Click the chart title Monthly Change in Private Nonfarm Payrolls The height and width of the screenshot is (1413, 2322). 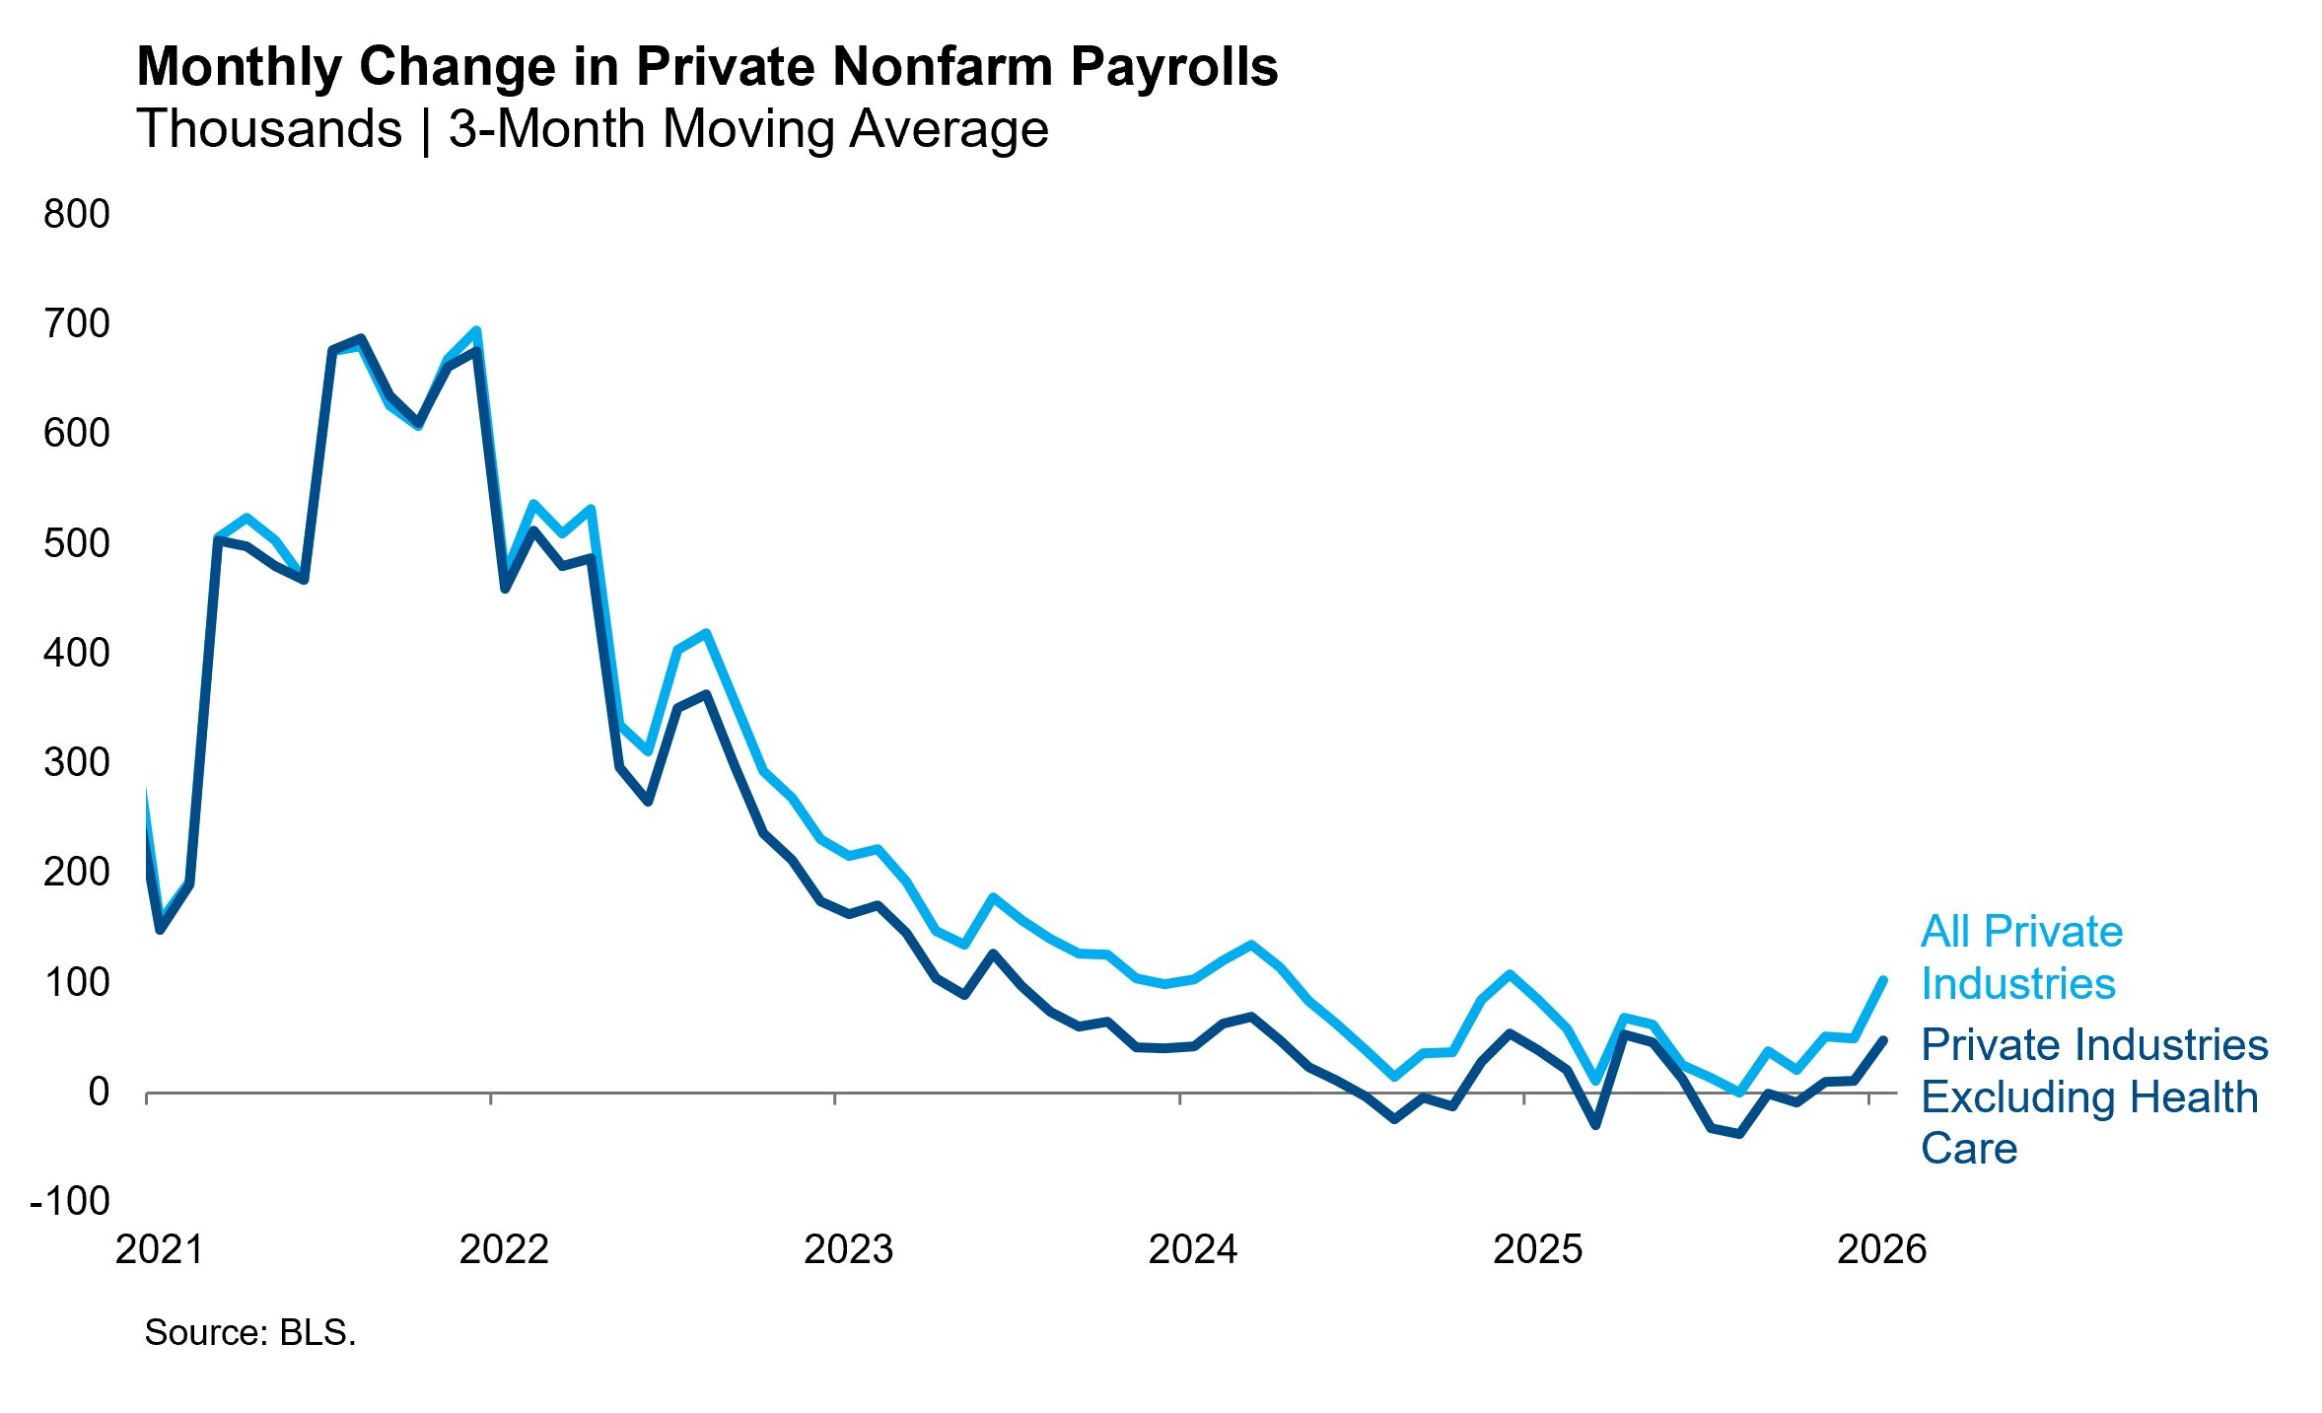pyautogui.click(x=707, y=67)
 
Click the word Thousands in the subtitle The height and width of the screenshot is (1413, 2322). pyautogui.click(x=269, y=129)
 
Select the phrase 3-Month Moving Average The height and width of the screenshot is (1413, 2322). pyautogui.click(x=748, y=129)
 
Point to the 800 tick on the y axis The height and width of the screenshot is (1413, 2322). pyautogui.click(x=77, y=214)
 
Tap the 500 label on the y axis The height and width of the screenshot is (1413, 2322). pyautogui.click(x=77, y=543)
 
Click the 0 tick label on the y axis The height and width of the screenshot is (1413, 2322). pyautogui.click(x=98, y=1092)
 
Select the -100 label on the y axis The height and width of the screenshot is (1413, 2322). pyautogui.click(x=70, y=1201)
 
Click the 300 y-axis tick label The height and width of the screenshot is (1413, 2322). pyautogui.click(x=77, y=762)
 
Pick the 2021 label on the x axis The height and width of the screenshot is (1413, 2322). pyautogui.click(x=160, y=1249)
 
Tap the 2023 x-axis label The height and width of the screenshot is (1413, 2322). pyautogui.click(x=848, y=1249)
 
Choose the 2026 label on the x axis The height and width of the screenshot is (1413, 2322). pyautogui.click(x=1881, y=1249)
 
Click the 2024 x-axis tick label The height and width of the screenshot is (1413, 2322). pyautogui.click(x=1192, y=1249)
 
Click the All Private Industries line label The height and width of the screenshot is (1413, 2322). pyautogui.click(x=2020, y=957)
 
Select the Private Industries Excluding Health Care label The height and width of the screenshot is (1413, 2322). pyautogui.click(x=2093, y=1096)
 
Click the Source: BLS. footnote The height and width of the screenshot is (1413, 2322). pyautogui.click(x=249, y=1332)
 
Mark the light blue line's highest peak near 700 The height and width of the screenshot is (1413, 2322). pyautogui.click(x=476, y=330)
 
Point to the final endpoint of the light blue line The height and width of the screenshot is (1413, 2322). pyautogui.click(x=1883, y=980)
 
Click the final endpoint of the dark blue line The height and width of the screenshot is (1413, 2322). pyautogui.click(x=1883, y=1040)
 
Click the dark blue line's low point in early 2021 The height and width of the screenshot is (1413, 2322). pyautogui.click(x=160, y=930)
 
